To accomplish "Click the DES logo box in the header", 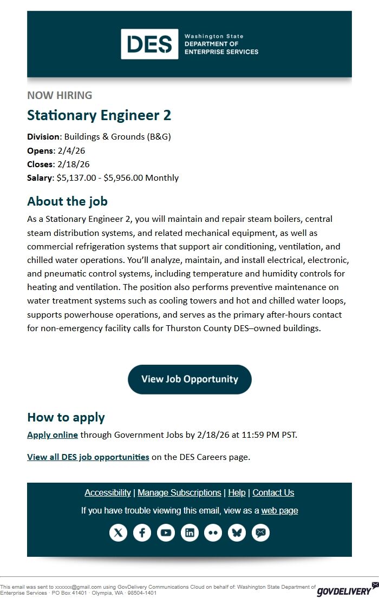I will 149,44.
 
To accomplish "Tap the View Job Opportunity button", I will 190,379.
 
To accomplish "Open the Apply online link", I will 53,435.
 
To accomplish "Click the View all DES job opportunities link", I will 88,457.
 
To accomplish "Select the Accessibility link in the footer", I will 107,493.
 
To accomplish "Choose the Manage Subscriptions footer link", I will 179,493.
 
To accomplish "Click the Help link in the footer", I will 237,493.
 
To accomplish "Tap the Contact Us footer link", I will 273,493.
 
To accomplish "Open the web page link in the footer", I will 279,511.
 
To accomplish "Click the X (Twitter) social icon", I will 119,533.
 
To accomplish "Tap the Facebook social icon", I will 142,533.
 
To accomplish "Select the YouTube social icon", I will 166,533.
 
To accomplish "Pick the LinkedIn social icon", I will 190,533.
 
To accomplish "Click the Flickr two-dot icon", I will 213,533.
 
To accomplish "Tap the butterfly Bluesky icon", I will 237,533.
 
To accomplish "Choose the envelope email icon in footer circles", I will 261,533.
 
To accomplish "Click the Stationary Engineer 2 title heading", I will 99,115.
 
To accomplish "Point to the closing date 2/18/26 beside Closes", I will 73,164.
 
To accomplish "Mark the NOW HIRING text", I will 60,96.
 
